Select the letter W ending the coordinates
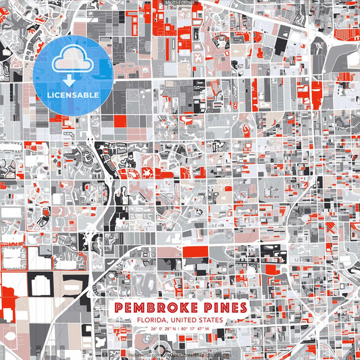pyautogui.click(x=208, y=329)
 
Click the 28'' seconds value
pyautogui.click(x=166, y=329)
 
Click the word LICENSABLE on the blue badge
pyautogui.click(x=72, y=95)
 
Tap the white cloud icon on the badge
pyautogui.click(x=72, y=62)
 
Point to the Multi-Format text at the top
pyautogui.click(x=180, y=3)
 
